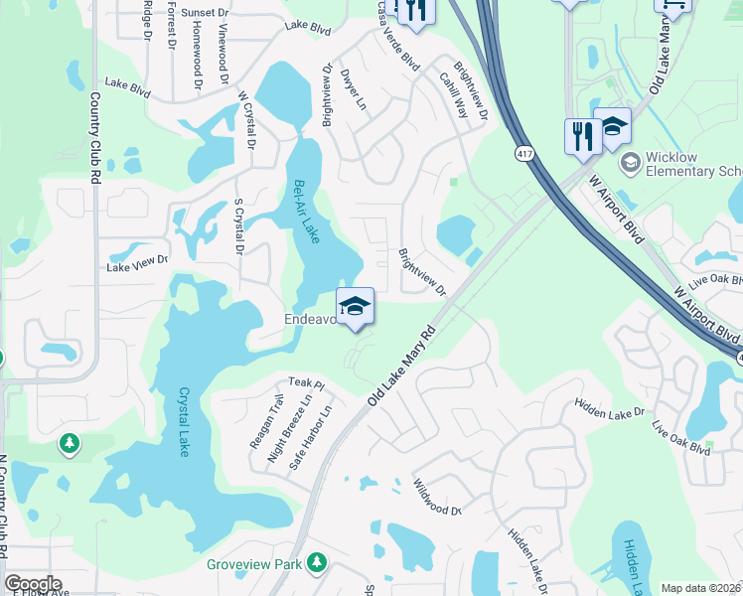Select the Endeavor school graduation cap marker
(x=355, y=307)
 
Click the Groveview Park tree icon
(x=317, y=563)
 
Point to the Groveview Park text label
(x=253, y=564)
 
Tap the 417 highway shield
(x=523, y=154)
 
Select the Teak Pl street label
(x=306, y=382)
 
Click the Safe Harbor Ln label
(x=310, y=438)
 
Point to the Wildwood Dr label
(x=437, y=497)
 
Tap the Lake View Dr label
(x=137, y=263)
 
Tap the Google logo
(x=33, y=583)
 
